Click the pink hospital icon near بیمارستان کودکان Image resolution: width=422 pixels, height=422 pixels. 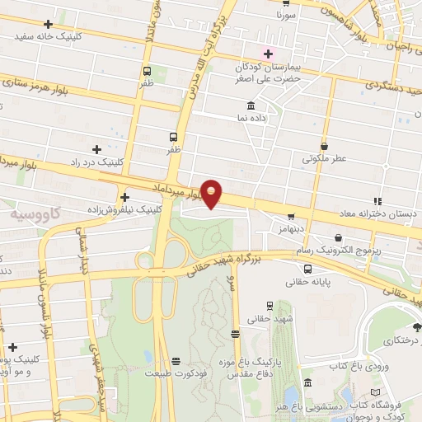268,53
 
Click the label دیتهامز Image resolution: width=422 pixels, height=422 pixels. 292,226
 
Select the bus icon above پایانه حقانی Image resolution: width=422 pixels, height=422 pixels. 307,269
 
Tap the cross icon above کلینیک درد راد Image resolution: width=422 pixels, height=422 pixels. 97,149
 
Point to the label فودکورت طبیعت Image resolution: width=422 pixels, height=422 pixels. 174,373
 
